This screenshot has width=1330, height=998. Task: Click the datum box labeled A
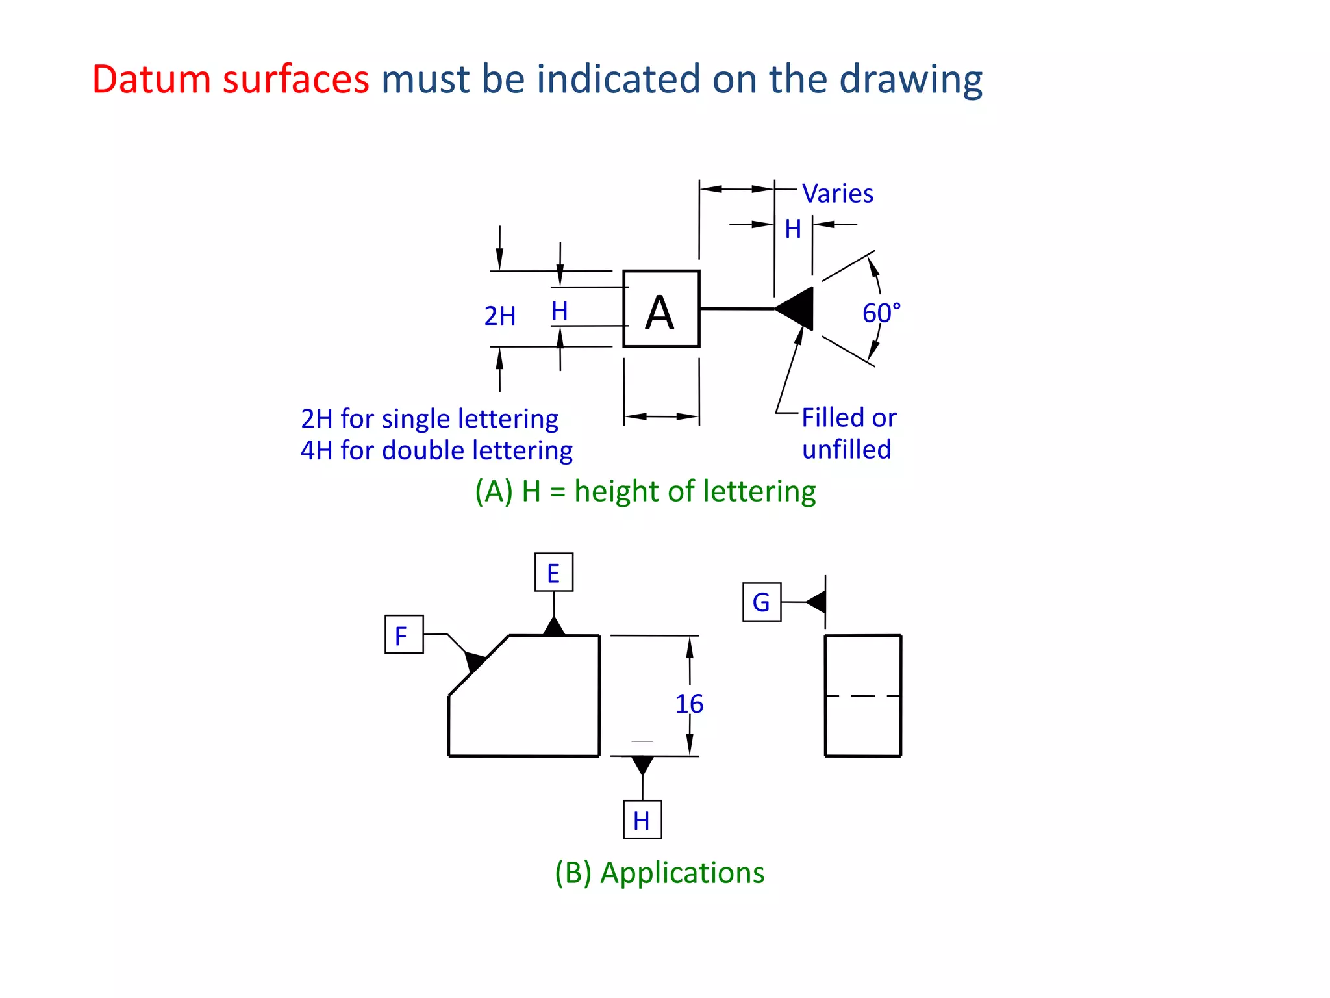tap(661, 309)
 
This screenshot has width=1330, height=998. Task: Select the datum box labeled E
tap(553, 572)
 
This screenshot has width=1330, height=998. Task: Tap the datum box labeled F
tap(404, 634)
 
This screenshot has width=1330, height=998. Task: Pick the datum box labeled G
tap(762, 602)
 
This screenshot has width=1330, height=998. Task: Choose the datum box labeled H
tap(642, 820)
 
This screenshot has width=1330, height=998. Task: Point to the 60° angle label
tap(881, 313)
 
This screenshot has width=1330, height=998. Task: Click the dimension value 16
tap(689, 704)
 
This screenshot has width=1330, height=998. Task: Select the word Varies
tap(838, 194)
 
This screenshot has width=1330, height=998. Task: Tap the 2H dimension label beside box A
tap(500, 316)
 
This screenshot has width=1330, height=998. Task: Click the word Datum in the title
tap(151, 79)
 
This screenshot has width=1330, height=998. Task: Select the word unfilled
tap(846, 450)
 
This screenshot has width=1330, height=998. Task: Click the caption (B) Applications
tap(659, 873)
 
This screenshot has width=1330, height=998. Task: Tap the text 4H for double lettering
tap(436, 450)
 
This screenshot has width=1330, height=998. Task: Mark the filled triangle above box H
tap(642, 764)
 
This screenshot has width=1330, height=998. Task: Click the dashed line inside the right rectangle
tap(862, 696)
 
